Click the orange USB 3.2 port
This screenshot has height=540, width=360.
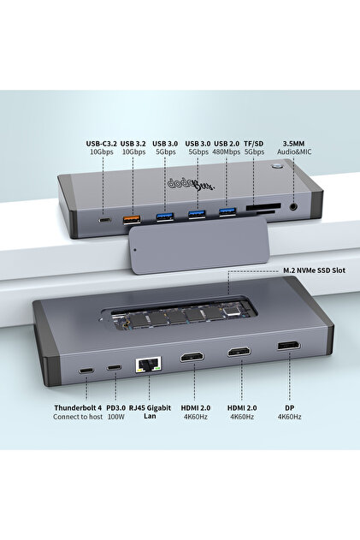point(133,221)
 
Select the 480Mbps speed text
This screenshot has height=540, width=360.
point(226,152)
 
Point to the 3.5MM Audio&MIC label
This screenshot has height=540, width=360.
point(295,147)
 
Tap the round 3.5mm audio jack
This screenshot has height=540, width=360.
point(295,205)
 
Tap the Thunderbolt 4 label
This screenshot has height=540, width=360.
point(78,407)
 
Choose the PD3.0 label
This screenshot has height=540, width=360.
point(115,407)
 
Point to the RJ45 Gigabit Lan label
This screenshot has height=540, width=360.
point(150,412)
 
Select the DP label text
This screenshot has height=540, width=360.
point(288,407)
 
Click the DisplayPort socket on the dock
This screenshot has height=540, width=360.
point(288,347)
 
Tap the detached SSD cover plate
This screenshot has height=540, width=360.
point(177,254)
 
